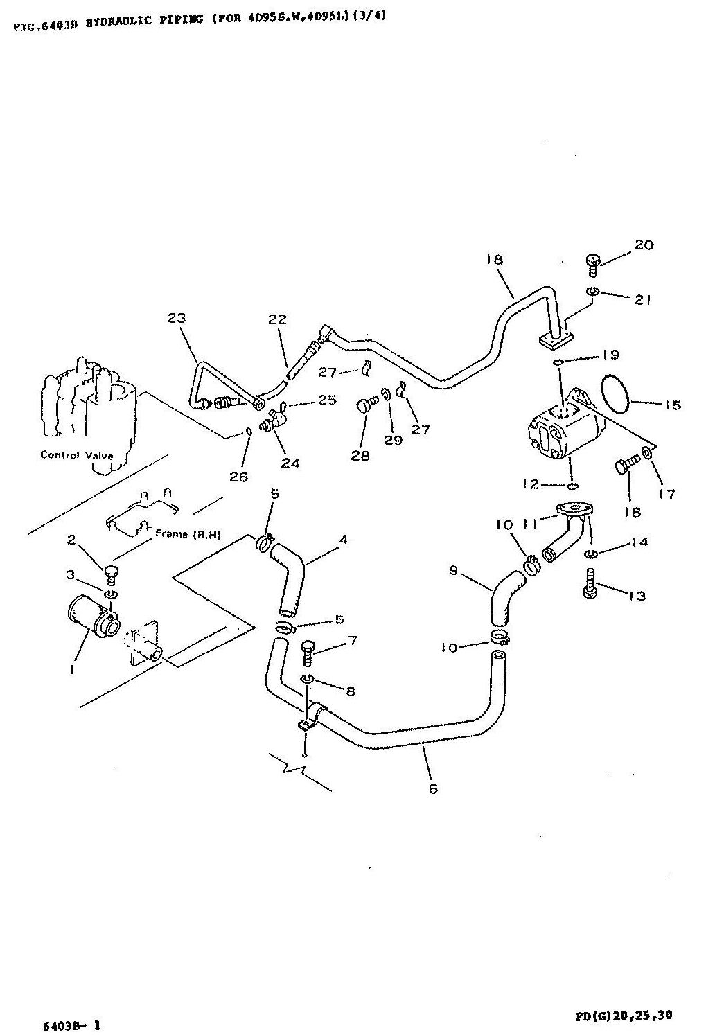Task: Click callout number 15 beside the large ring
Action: point(672,405)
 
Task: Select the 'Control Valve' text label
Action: point(76,455)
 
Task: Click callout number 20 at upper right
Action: point(644,245)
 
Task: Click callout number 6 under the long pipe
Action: point(433,788)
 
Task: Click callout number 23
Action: point(177,318)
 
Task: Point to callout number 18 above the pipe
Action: point(494,260)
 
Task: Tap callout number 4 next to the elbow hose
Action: point(343,540)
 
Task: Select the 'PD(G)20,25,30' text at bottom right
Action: point(623,1016)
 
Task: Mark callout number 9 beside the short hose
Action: point(454,570)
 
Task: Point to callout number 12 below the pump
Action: point(532,484)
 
